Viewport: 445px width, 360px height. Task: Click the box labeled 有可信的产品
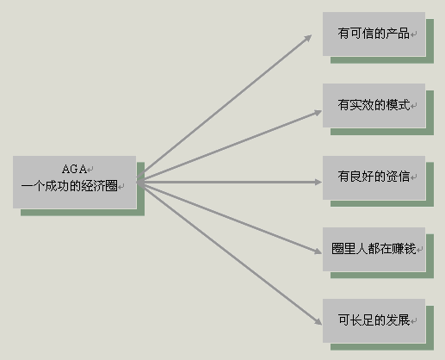point(374,34)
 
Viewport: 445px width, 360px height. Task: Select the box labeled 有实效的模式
point(374,105)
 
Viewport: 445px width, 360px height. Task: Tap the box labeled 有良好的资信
point(374,177)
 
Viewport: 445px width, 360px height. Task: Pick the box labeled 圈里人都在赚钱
point(374,249)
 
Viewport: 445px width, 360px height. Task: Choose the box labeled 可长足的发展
point(374,320)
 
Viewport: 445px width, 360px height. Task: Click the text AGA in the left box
point(74,169)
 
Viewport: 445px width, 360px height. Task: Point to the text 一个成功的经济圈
point(69,186)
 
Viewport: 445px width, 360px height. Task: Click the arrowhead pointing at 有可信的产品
point(308,38)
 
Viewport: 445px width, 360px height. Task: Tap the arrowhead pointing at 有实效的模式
point(318,113)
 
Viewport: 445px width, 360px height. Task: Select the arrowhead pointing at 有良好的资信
point(318,182)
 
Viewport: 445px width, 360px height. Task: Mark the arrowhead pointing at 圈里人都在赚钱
point(318,251)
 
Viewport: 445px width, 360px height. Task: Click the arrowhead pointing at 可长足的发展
point(318,321)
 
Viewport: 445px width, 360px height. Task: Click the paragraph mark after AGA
point(90,170)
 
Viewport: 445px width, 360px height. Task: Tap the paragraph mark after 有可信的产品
point(413,34)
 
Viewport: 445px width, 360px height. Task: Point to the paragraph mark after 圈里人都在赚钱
point(419,250)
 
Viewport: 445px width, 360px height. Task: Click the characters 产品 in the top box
point(398,34)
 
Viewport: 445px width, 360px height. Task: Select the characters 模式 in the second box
point(398,105)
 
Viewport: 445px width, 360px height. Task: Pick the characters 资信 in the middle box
point(398,177)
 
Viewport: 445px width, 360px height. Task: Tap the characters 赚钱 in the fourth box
point(404,249)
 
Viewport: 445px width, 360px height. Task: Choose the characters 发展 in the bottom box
point(398,320)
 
